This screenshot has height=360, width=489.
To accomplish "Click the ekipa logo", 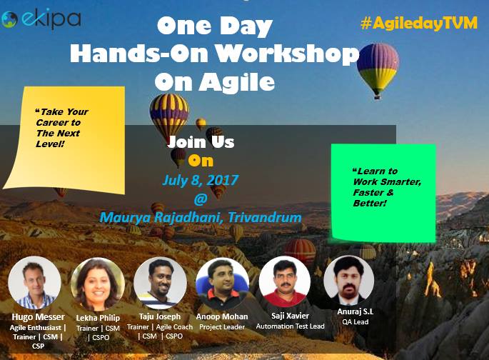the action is (41, 19).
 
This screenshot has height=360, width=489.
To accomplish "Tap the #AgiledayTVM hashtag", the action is (419, 23).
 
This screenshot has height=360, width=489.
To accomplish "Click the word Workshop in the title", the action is (288, 54).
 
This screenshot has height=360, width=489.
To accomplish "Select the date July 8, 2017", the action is (200, 180).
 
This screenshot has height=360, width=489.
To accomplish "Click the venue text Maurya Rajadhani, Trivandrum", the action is (201, 217).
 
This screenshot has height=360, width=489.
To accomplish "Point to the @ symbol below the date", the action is (200, 199).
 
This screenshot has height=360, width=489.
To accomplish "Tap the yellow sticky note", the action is (65, 140).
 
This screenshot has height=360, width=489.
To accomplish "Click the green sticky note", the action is (383, 192).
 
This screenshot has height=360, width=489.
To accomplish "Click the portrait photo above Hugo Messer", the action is (34, 283).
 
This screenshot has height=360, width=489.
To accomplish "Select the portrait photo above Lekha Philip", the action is (98, 284).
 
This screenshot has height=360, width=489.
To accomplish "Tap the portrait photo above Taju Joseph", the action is (161, 283).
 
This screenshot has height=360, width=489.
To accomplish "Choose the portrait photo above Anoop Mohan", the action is (222, 284).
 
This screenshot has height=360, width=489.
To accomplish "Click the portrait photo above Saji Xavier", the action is (285, 281).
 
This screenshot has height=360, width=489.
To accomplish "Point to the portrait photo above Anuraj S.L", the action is (349, 280).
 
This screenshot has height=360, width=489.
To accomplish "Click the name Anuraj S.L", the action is (356, 311).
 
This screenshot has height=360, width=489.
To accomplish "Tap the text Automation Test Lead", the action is (290, 326).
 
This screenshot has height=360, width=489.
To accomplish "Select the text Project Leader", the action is (222, 327).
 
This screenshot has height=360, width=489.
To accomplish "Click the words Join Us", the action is (201, 142).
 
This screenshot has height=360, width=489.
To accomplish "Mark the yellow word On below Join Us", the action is (201, 161).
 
